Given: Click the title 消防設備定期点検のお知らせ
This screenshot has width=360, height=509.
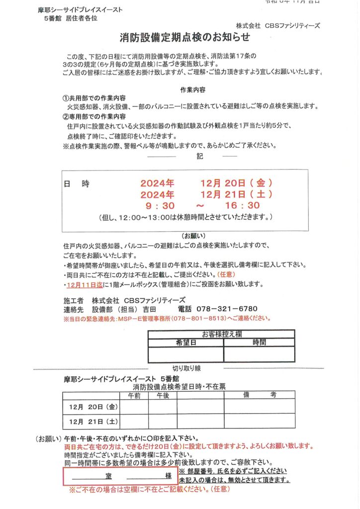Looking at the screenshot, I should click(184, 37).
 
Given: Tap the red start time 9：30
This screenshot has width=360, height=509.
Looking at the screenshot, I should click(160, 205).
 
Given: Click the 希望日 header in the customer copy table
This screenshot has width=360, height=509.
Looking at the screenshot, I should click(186, 342).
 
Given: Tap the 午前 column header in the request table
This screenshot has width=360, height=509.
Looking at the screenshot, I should click(134, 396).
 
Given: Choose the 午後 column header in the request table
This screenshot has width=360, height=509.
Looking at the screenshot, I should click(163, 396).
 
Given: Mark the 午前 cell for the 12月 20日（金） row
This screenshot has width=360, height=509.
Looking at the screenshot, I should click(134, 407).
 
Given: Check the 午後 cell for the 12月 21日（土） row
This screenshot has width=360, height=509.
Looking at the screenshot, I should click(163, 422).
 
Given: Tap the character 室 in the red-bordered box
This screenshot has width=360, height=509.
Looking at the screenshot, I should click(108, 476).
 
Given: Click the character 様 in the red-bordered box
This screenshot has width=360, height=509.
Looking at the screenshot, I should click(169, 476).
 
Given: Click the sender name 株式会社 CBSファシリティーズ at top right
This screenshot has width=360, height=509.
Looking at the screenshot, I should click(278, 25).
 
